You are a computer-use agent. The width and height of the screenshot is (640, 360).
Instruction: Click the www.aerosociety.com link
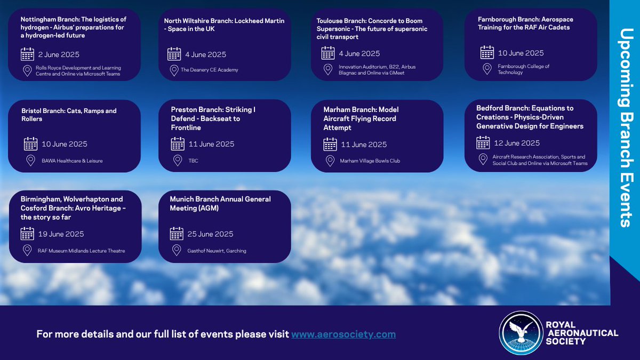(x=343, y=334)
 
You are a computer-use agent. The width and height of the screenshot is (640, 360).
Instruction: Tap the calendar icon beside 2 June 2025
(x=27, y=54)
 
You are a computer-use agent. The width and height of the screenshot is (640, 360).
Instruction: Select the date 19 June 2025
(x=61, y=234)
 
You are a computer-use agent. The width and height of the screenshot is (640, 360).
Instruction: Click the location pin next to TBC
(x=177, y=161)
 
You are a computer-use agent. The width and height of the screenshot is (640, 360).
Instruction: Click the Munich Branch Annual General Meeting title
(x=220, y=203)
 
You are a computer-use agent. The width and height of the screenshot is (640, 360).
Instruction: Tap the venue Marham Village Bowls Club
(x=370, y=161)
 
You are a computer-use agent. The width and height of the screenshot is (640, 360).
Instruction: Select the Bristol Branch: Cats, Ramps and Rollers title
(x=69, y=115)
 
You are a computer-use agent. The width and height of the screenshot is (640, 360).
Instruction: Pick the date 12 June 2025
(x=516, y=143)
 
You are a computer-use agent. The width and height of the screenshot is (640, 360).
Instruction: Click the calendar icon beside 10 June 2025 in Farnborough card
(x=487, y=53)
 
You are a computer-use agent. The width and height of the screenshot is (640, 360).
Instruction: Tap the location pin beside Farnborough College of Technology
(x=487, y=69)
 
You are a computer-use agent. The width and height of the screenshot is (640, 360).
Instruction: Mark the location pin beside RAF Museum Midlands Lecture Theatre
(x=27, y=251)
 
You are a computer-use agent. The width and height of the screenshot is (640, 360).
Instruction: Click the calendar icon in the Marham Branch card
(x=330, y=145)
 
